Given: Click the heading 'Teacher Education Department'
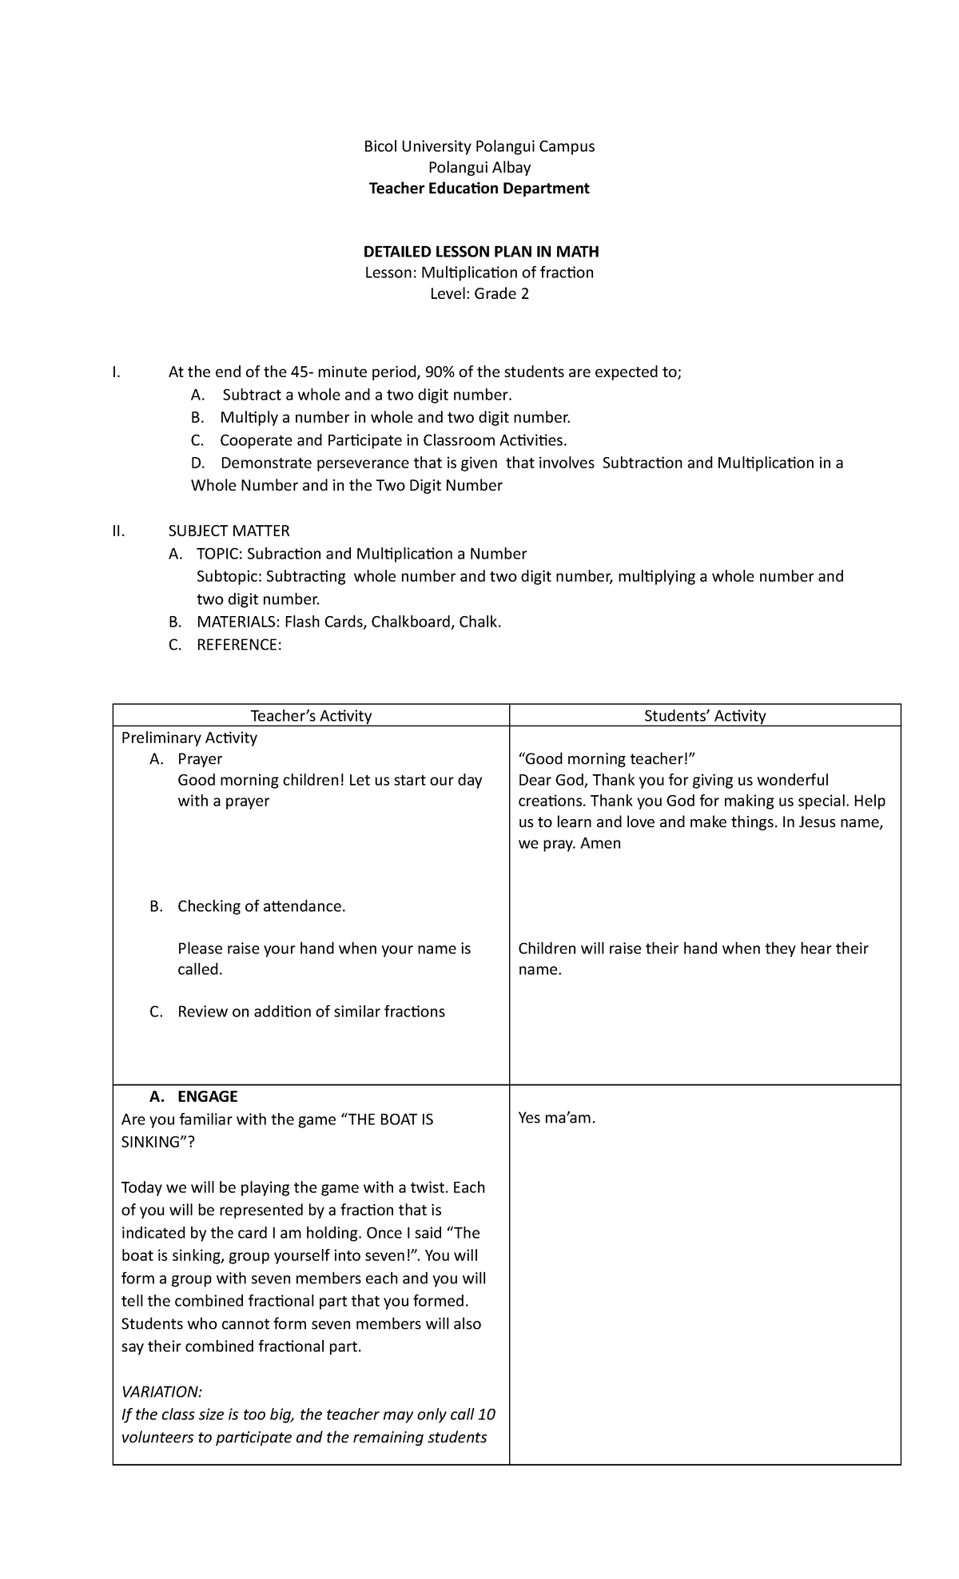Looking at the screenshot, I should (479, 189).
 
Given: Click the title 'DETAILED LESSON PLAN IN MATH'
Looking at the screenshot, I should (479, 252).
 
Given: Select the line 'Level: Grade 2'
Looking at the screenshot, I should (479, 293).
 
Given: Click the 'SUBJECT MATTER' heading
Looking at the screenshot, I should (229, 531).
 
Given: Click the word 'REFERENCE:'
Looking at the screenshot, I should (239, 644).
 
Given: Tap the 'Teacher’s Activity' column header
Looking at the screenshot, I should (311, 716).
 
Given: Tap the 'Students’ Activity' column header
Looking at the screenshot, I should (705, 716).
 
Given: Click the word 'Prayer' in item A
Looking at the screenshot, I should (200, 759).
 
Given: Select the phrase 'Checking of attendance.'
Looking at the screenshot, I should (261, 906).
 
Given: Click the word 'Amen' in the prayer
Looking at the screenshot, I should (601, 843).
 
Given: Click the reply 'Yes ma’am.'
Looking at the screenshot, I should (557, 1118).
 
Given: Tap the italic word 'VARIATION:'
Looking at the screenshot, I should (162, 1392).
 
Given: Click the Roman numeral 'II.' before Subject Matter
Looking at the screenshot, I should (120, 531).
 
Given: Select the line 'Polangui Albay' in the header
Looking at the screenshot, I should (479, 168).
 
